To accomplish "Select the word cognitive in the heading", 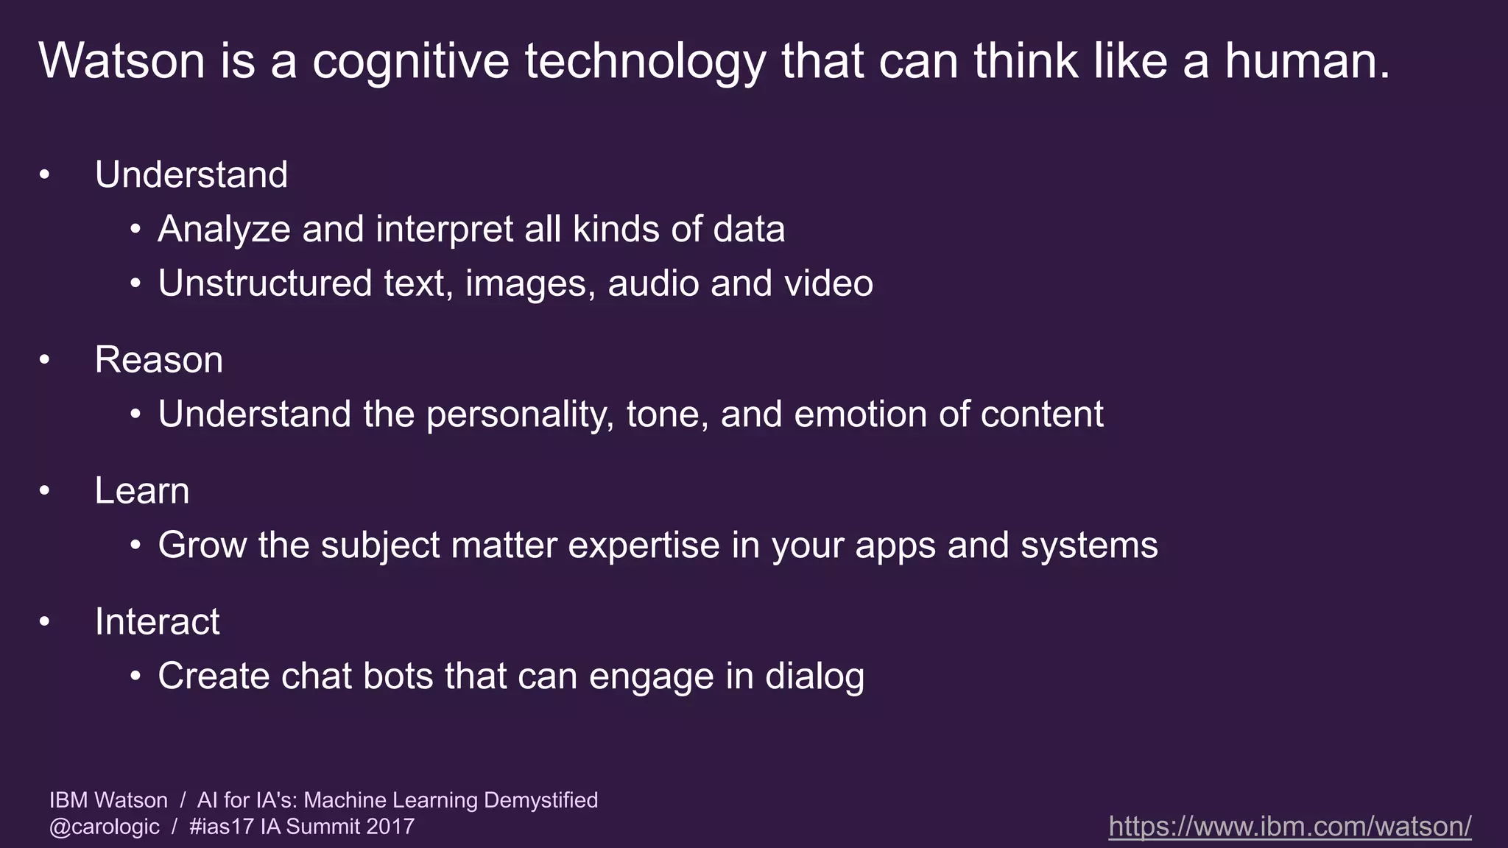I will tap(410, 62).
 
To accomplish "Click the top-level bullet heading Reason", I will tap(158, 360).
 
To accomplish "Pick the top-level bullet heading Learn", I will tap(141, 491).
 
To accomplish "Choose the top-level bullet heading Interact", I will tap(157, 622).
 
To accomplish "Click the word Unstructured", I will tap(265, 283).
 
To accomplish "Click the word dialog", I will tap(814, 677).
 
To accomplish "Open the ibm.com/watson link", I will tap(1289, 826).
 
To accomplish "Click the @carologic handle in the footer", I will tap(104, 827).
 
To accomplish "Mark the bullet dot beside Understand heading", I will tap(45, 175).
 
